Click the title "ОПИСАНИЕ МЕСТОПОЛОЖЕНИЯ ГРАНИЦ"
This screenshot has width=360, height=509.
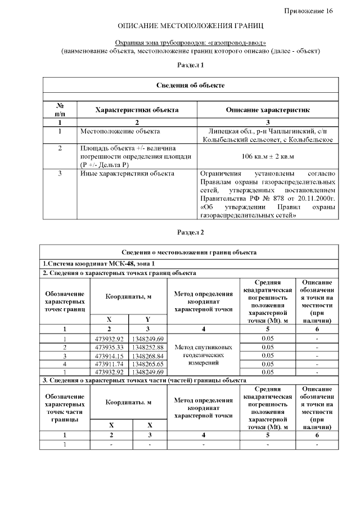coord(191,26)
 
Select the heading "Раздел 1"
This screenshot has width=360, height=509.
coord(190,66)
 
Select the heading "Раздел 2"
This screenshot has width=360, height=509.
coord(190,232)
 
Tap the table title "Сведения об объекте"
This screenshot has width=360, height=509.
coord(190,85)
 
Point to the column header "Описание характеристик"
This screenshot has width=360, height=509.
coord(267,110)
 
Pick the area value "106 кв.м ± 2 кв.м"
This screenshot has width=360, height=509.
coord(267,155)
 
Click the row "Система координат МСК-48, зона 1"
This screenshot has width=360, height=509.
coord(98,263)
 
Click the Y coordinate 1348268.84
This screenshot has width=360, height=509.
coord(148,355)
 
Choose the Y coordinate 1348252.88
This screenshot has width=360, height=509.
coord(148,347)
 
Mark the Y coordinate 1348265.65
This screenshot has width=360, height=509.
coord(148,364)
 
